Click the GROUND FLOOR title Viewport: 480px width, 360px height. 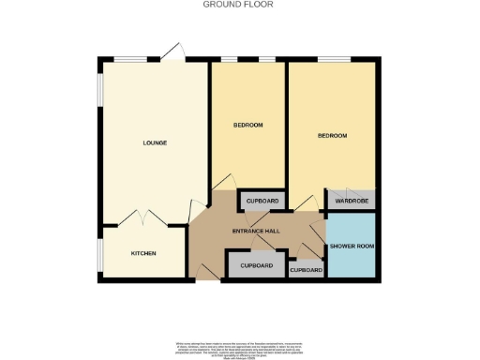[x=239, y=5]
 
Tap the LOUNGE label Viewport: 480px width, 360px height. [x=155, y=142]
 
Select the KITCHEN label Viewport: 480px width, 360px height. [x=143, y=254]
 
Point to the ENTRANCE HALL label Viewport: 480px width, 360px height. [x=257, y=231]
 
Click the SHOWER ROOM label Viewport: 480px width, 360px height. [x=351, y=247]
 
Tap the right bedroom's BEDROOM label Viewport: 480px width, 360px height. [x=332, y=136]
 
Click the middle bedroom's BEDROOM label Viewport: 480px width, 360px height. [x=247, y=125]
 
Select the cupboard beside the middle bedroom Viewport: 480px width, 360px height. [x=262, y=201]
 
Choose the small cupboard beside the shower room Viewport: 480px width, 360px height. [x=306, y=270]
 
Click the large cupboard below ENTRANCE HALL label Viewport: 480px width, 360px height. [x=256, y=265]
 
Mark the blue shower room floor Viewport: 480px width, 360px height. [x=351, y=262]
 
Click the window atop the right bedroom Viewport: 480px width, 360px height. [x=333, y=60]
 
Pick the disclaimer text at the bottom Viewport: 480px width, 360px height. [x=239, y=348]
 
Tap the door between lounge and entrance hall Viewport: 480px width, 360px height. [x=198, y=210]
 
